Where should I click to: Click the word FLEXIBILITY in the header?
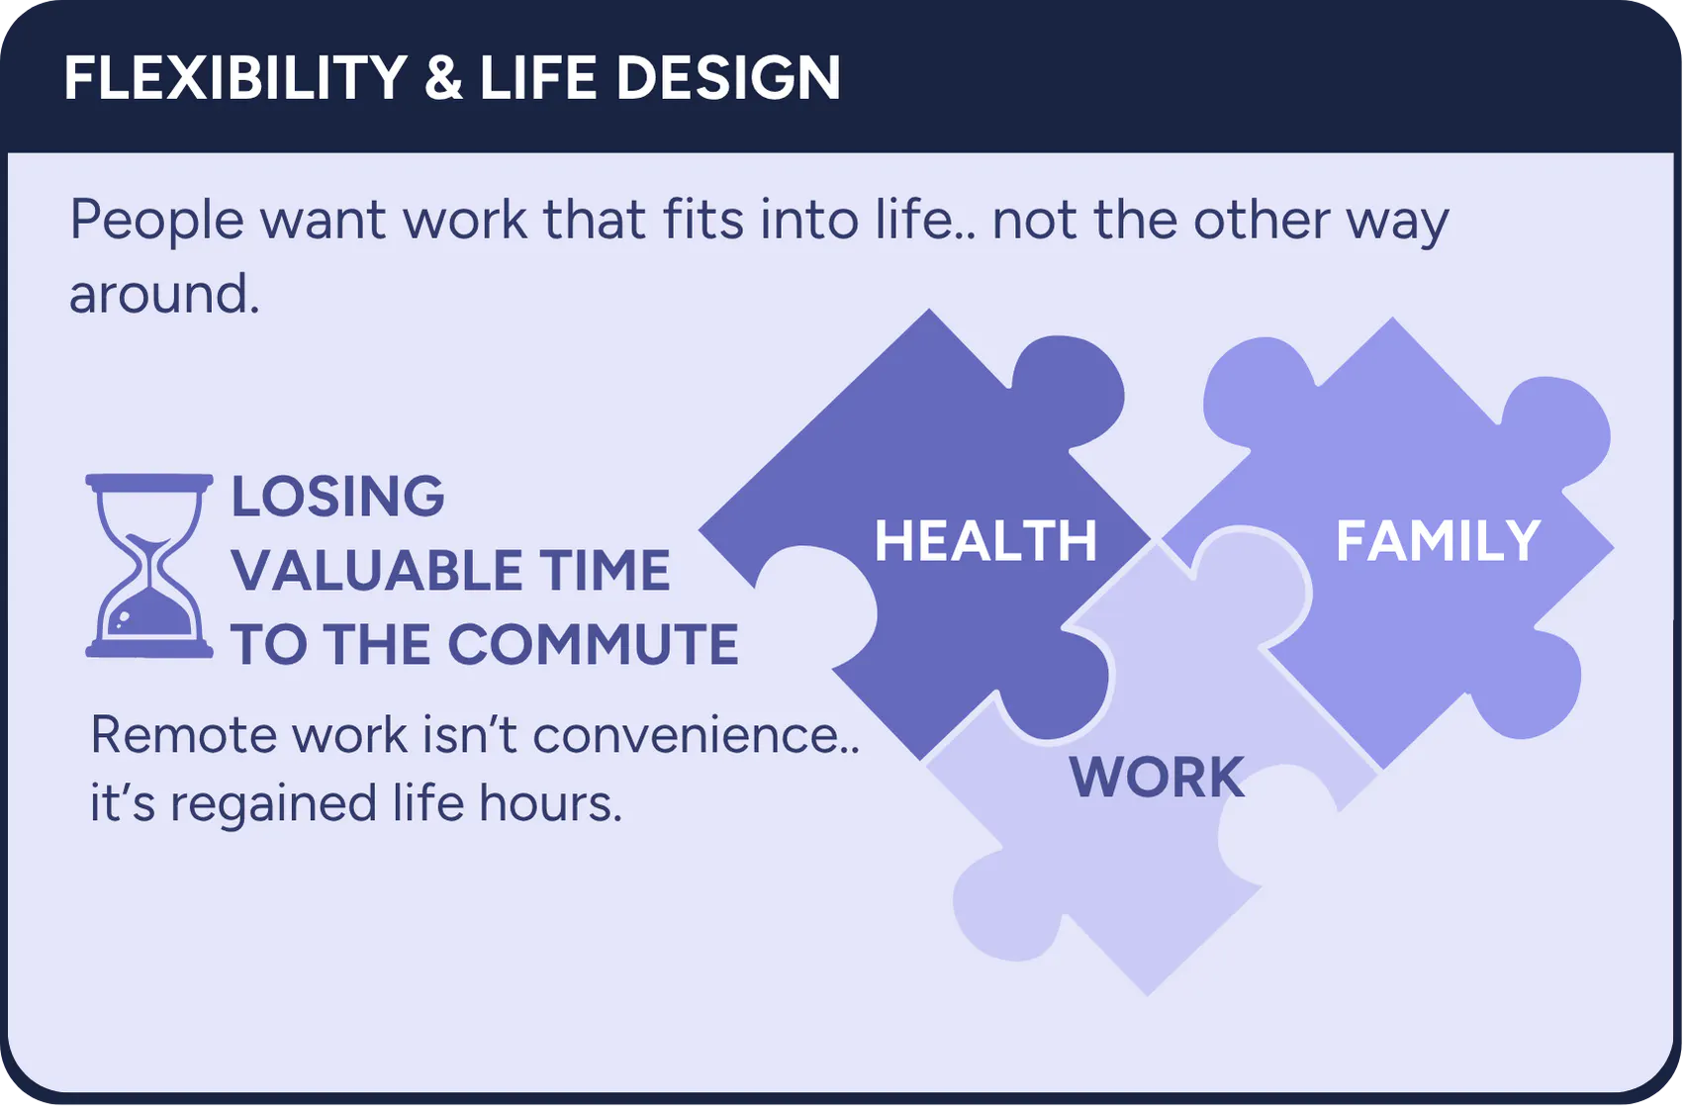point(235,77)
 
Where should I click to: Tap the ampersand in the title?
point(444,77)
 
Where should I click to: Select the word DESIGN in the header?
point(728,77)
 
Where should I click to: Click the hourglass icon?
point(149,566)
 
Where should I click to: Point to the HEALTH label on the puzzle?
point(985,540)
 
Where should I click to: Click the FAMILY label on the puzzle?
point(1439,540)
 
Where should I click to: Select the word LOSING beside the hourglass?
point(338,497)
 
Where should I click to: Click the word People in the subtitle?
point(157,221)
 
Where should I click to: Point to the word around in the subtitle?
point(164,293)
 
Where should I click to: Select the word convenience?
point(696,735)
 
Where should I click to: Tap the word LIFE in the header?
point(538,77)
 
